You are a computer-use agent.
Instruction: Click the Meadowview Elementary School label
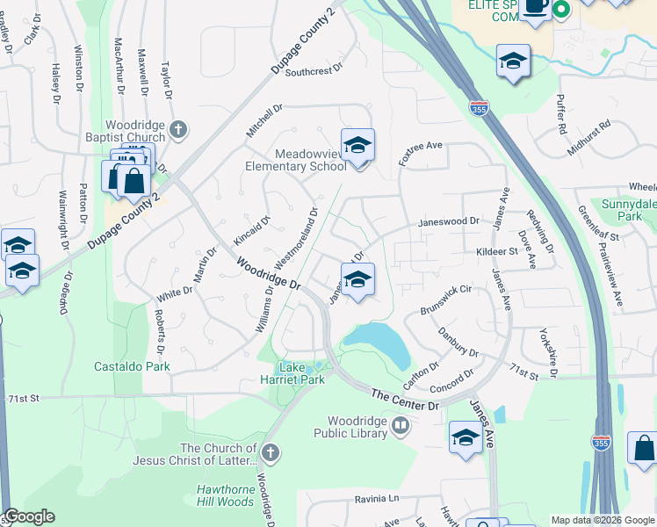[298, 160]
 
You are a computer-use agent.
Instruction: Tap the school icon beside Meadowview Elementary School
[357, 146]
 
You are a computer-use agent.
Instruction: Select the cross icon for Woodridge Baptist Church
[178, 131]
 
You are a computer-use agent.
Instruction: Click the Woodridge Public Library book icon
[401, 427]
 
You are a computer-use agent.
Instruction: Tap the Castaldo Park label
[132, 366]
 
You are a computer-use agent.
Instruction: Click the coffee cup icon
[534, 6]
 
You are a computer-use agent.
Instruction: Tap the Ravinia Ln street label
[376, 499]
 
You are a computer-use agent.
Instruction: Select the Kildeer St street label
[495, 251]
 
